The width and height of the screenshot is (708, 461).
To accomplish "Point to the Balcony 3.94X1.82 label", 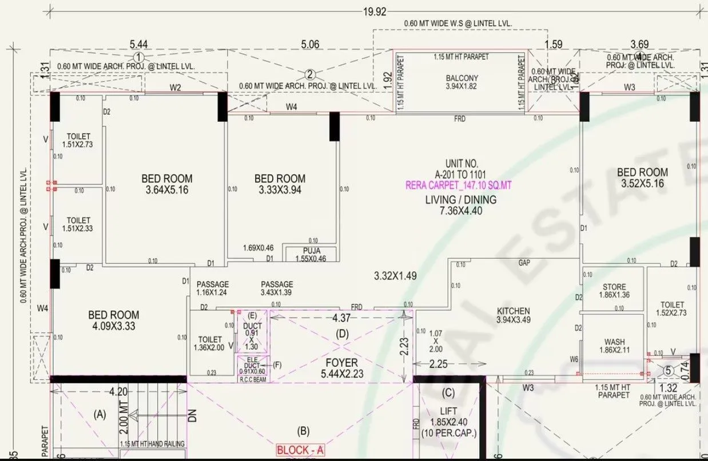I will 462,82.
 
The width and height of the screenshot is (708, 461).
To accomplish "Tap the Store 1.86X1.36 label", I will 614,291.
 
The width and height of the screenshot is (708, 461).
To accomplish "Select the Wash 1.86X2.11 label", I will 614,346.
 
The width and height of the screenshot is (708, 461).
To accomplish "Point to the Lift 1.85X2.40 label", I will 449,422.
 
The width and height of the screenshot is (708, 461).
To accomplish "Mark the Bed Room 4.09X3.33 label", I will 113,320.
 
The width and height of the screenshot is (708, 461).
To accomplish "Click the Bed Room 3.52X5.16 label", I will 642,178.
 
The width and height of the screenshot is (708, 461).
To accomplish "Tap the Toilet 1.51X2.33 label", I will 78,225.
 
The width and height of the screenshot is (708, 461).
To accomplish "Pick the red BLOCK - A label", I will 300,450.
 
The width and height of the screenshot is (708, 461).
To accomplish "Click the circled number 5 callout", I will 668,370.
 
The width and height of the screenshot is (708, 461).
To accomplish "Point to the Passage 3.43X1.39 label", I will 277,288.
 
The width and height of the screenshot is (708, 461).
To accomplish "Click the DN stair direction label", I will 192,417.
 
